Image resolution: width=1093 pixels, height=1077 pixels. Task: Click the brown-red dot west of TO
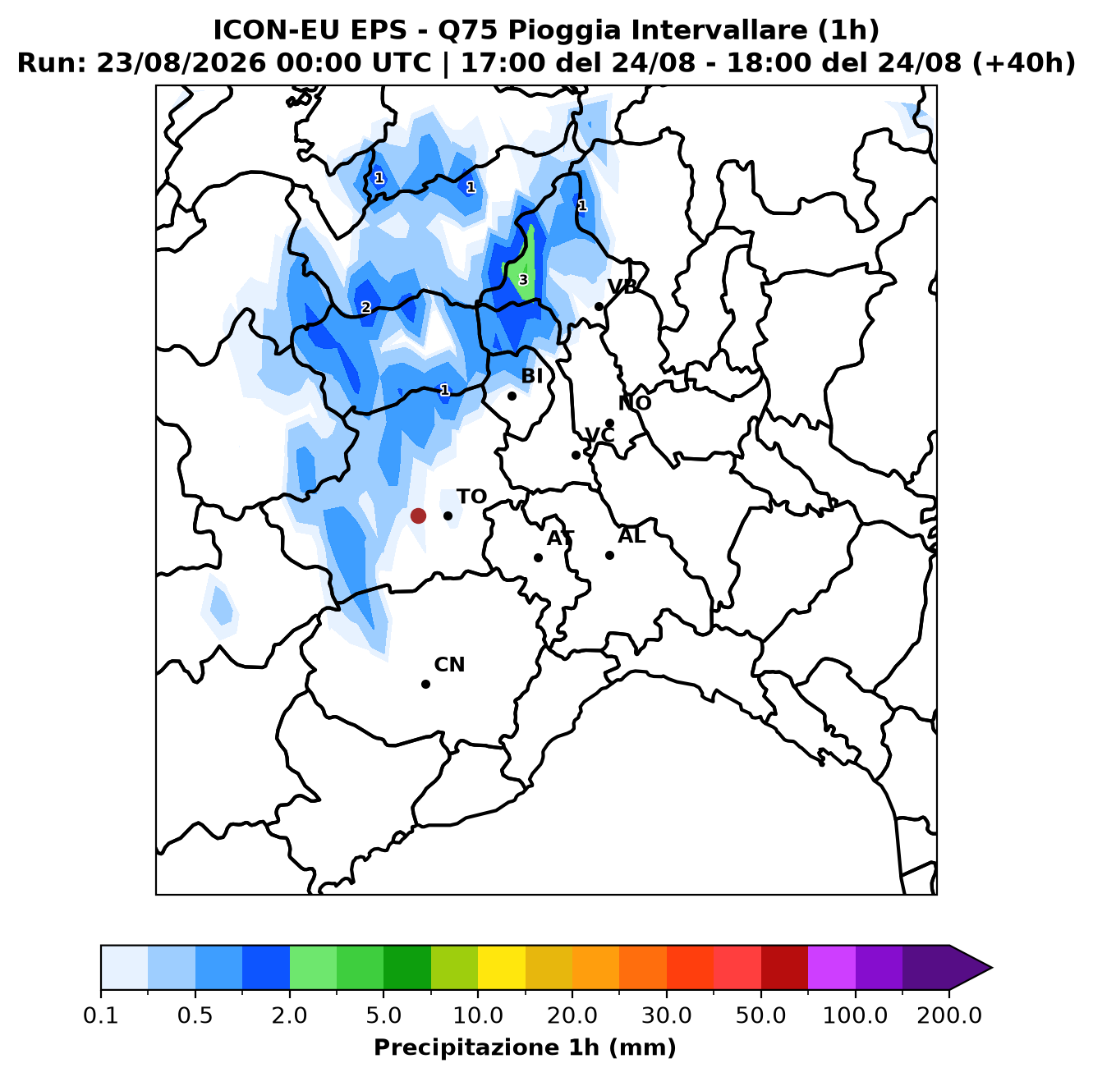pyautogui.click(x=418, y=516)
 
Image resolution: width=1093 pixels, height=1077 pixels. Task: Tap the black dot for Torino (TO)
pyautogui.click(x=448, y=516)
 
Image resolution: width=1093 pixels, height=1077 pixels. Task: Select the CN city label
pyautogui.click(x=449, y=665)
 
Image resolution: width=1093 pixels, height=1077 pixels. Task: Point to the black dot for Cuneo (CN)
pyautogui.click(x=425, y=684)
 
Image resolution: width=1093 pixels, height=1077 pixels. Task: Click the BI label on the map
pyautogui.click(x=531, y=376)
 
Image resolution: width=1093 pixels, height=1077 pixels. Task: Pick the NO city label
pyautogui.click(x=634, y=403)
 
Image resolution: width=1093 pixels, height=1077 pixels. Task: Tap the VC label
pyautogui.click(x=599, y=435)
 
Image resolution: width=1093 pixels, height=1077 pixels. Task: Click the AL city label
pyautogui.click(x=631, y=536)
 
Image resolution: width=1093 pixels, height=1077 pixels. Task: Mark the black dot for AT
pyautogui.click(x=538, y=557)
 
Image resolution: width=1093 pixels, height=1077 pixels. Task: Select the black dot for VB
pyautogui.click(x=599, y=306)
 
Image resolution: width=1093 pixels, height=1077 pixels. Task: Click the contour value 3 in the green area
pyautogui.click(x=523, y=280)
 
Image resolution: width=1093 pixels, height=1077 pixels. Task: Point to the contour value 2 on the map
pyautogui.click(x=366, y=307)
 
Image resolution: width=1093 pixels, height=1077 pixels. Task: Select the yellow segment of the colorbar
pyautogui.click(x=502, y=967)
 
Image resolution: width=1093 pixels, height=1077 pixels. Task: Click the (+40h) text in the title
pyautogui.click(x=1024, y=63)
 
